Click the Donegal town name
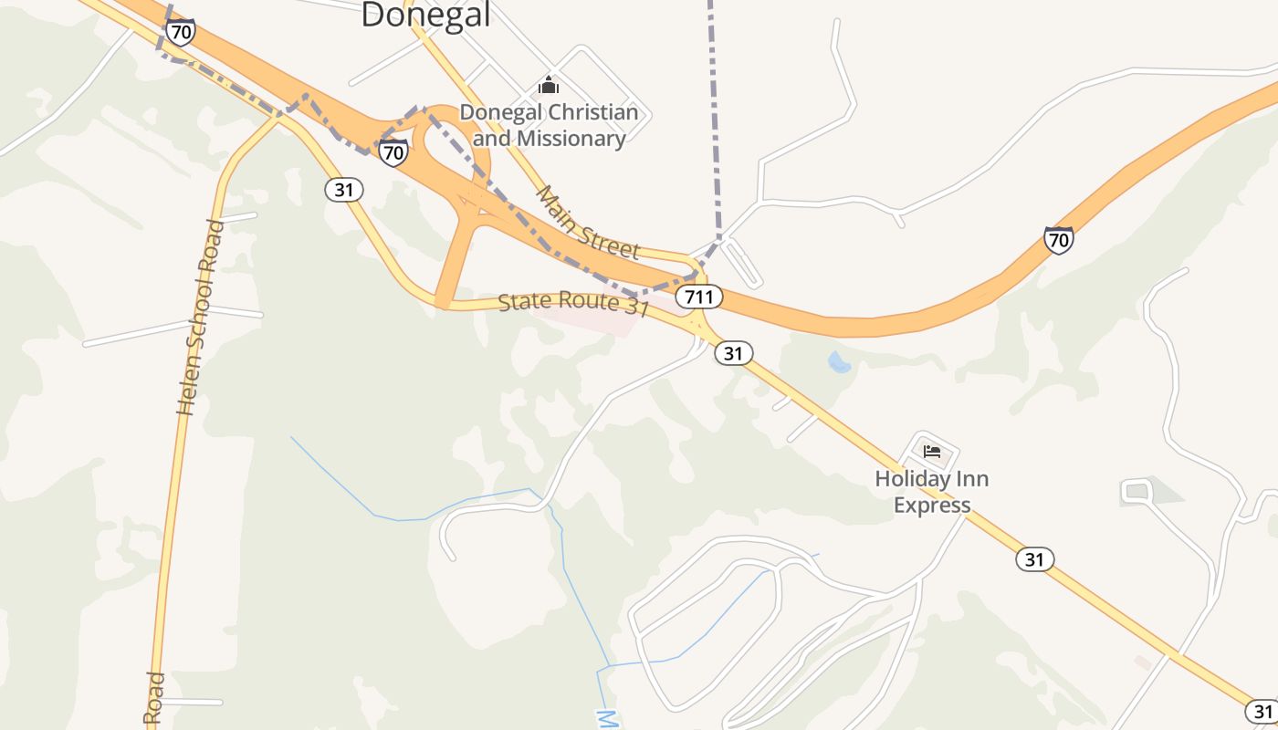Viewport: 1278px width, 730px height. [425, 14]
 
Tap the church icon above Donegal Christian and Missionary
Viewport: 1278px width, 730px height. [549, 85]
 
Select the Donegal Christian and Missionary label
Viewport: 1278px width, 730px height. [549, 126]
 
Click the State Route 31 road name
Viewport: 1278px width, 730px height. [573, 304]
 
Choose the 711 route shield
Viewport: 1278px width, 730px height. [699, 297]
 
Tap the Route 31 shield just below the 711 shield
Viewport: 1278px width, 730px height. [733, 352]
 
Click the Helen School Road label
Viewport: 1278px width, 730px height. [201, 318]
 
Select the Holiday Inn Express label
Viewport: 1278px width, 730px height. [931, 492]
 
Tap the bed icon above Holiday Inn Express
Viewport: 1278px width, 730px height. [931, 451]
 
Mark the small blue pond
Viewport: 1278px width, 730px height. [839, 363]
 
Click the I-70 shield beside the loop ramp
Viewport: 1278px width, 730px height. [393, 152]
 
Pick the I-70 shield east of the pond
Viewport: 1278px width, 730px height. [1058, 241]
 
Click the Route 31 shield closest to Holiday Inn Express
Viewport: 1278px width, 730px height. [1034, 559]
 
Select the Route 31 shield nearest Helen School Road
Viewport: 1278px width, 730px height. [343, 190]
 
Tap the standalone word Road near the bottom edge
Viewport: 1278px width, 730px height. [153, 698]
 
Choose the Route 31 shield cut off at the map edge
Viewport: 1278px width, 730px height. [1262, 711]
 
